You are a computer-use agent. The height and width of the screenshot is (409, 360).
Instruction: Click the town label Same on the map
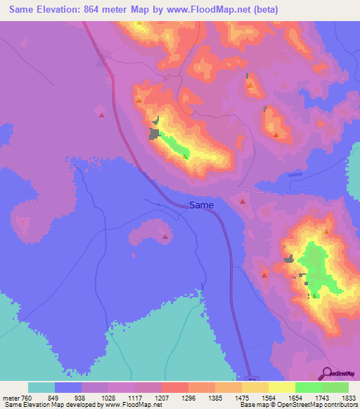click(x=201, y=205)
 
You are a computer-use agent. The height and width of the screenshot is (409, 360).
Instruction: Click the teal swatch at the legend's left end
click(x=41, y=387)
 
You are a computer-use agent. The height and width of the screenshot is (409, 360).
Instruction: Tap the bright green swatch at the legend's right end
click(x=335, y=387)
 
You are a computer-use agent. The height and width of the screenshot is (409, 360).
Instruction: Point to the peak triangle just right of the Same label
click(x=243, y=201)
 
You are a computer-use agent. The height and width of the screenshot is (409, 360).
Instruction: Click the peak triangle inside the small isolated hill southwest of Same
click(x=165, y=237)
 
